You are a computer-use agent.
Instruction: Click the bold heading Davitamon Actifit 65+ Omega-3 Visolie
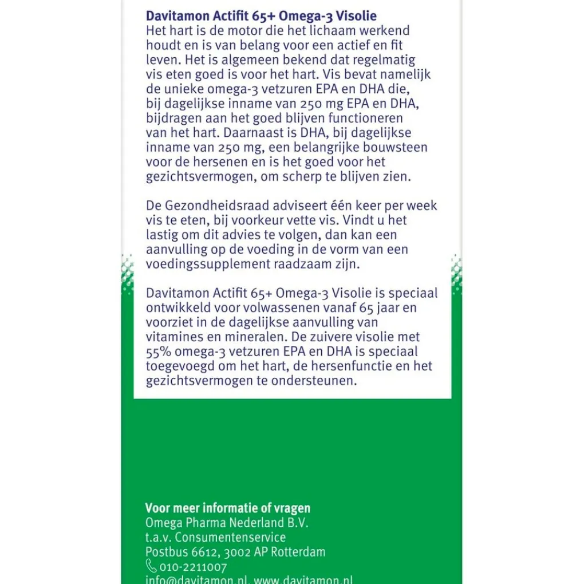point(261,15)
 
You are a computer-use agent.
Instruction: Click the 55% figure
point(159,352)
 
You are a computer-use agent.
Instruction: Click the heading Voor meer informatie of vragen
point(227,508)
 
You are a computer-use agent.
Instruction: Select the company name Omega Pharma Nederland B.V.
point(227,523)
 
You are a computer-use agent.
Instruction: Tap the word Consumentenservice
point(230,538)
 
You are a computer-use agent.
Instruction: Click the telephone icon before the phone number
point(151,567)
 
